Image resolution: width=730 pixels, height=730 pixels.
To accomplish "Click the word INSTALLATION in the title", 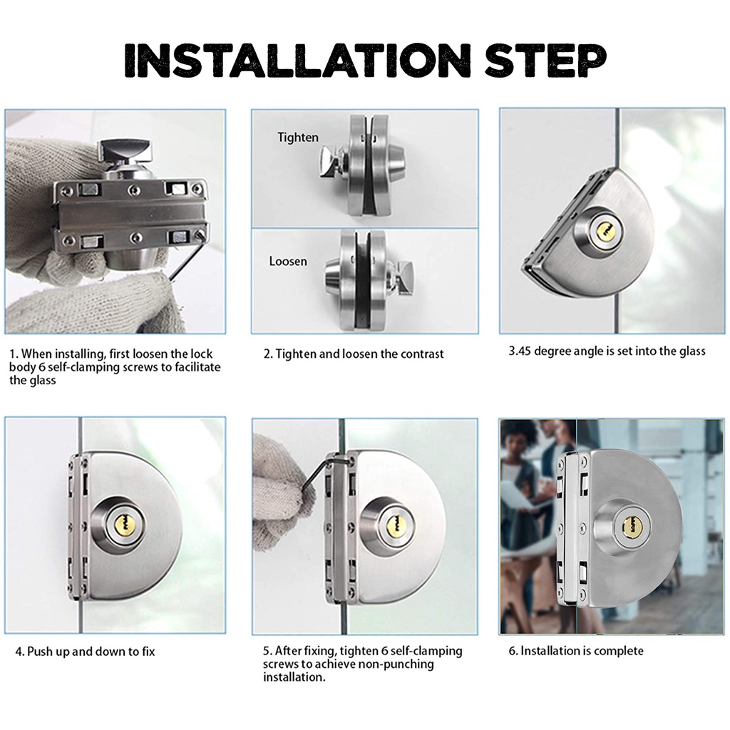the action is [x=297, y=61].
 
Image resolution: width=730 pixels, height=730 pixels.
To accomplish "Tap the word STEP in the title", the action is [x=545, y=61].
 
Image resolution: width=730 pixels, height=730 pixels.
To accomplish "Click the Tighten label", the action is [x=298, y=138].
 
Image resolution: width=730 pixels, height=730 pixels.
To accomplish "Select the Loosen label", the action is [x=288, y=261].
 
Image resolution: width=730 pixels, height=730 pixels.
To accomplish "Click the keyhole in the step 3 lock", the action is [x=605, y=230].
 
